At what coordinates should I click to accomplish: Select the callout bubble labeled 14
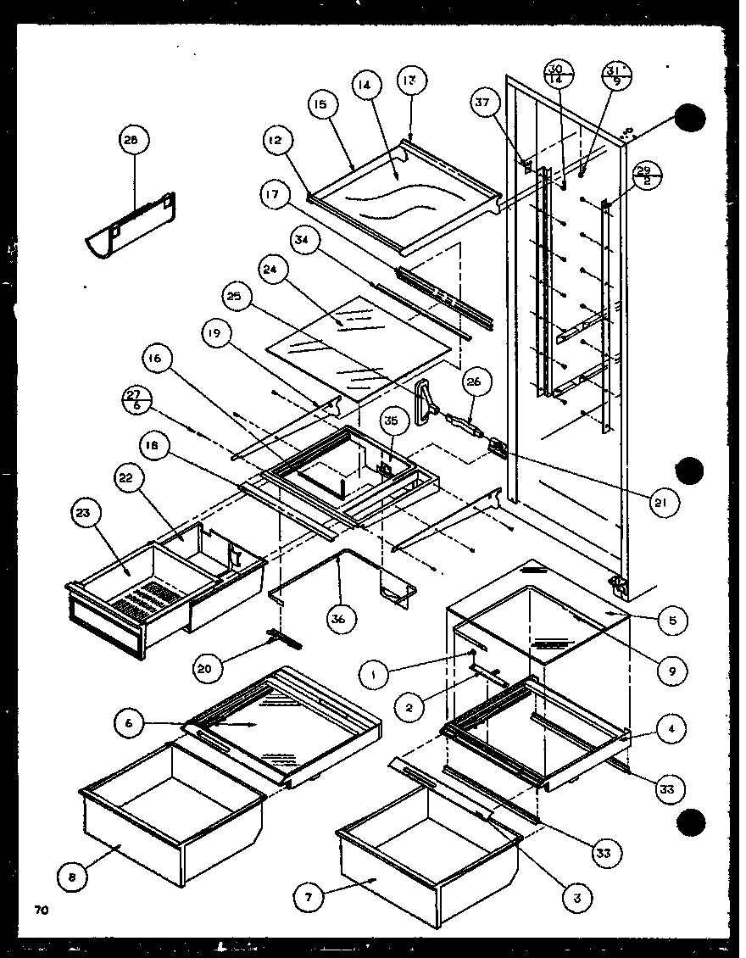(365, 86)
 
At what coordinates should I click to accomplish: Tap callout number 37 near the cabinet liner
(482, 103)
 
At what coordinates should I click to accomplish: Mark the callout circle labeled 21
(661, 503)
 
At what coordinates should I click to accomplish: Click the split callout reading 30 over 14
(555, 73)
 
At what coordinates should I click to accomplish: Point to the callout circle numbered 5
(672, 619)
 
